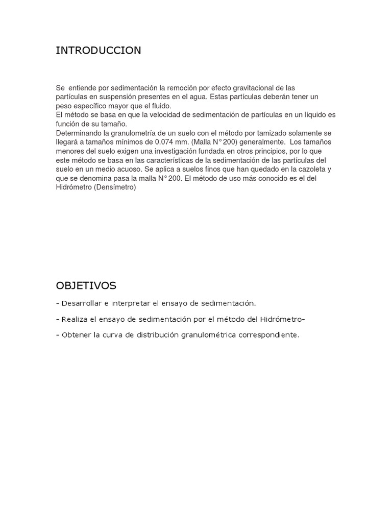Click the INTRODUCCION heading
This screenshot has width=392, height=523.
click(99, 51)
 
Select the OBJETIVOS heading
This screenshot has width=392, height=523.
click(86, 285)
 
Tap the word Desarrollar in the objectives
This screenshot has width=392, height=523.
click(81, 303)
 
